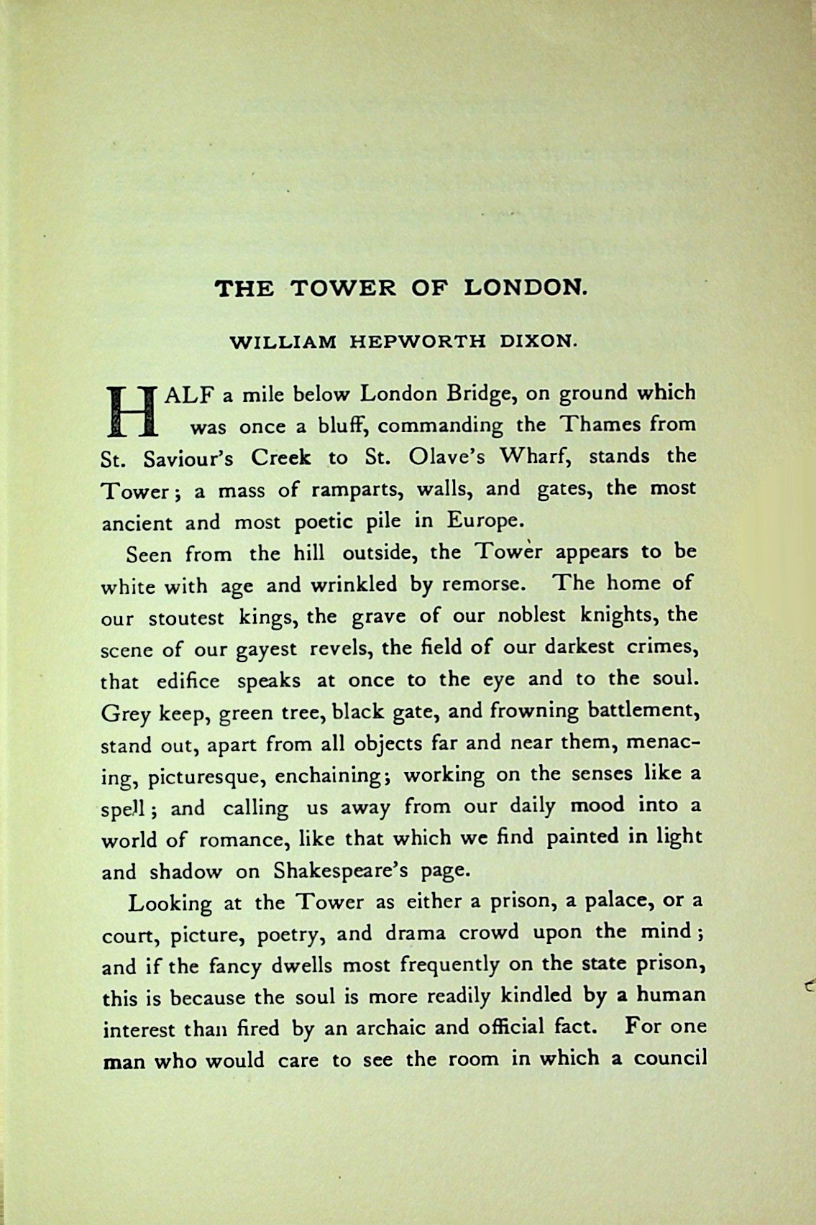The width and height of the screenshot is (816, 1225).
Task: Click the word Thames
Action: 600,425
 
